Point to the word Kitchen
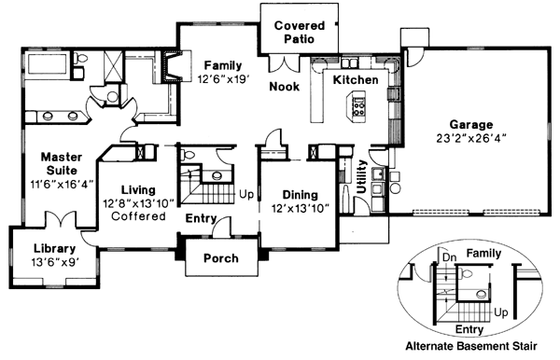coord(356,81)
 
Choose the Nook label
coord(284,87)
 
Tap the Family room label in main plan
coord(221,65)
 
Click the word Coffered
coord(137,216)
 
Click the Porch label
coord(220,258)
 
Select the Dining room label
coord(301,195)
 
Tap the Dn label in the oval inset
coord(448,255)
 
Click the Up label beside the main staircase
coord(246,195)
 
